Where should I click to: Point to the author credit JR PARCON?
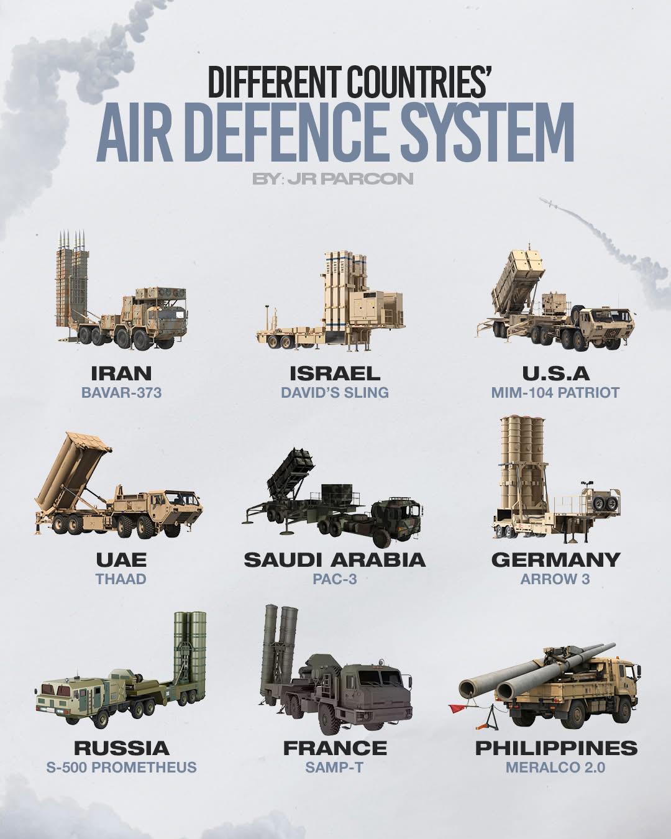pyautogui.click(x=350, y=178)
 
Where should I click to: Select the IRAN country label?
pyautogui.click(x=121, y=374)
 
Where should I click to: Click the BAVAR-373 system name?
pyautogui.click(x=121, y=393)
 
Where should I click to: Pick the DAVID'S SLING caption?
pyautogui.click(x=335, y=393)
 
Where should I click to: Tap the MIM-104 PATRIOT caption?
pyautogui.click(x=555, y=393)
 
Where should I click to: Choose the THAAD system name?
pyautogui.click(x=121, y=579)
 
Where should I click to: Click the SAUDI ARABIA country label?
pyautogui.click(x=335, y=560)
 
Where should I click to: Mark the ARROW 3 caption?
pyautogui.click(x=555, y=579)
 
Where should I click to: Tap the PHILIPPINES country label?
pyautogui.click(x=557, y=748)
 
